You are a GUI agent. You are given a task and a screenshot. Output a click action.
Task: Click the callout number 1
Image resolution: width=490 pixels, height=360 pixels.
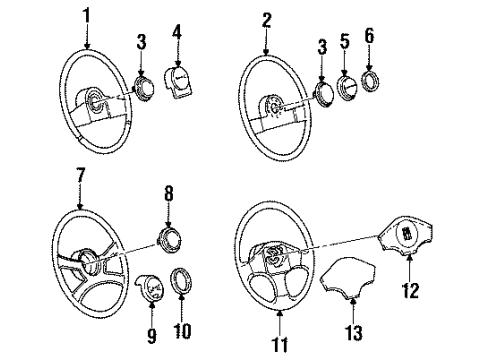pyautogui.click(x=87, y=17)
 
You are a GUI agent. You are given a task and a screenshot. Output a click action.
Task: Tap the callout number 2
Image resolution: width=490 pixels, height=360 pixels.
pyautogui.click(x=266, y=18)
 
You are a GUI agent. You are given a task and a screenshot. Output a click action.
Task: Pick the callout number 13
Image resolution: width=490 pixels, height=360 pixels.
pyautogui.click(x=348, y=328)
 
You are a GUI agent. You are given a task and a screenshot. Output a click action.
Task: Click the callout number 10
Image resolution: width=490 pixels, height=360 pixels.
pyautogui.click(x=183, y=324)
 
